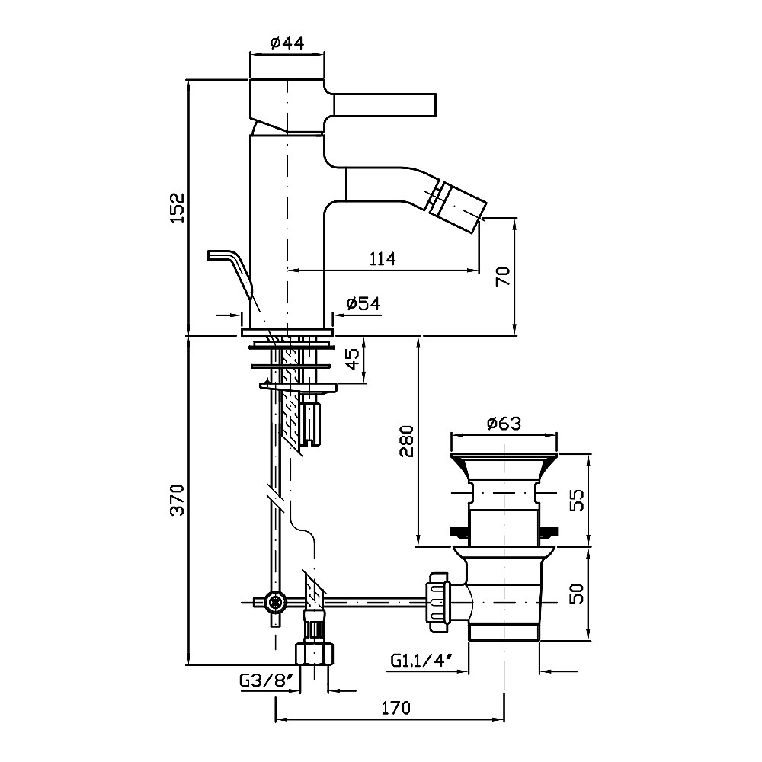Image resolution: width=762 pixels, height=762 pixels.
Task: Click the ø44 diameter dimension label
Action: coord(288,43)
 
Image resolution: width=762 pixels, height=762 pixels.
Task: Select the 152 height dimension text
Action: coord(176,207)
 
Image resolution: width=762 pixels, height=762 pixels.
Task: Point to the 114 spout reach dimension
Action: coord(382,259)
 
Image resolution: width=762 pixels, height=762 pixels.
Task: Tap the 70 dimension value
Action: coord(502,276)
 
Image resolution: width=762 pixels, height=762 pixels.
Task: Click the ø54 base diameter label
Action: coord(363,303)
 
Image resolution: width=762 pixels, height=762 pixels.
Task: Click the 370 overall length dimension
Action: coord(176,500)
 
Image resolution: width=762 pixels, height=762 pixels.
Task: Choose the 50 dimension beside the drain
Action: coord(578,594)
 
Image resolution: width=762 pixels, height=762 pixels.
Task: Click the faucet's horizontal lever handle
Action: coord(383,105)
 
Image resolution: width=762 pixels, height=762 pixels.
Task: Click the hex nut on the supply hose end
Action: coord(313,654)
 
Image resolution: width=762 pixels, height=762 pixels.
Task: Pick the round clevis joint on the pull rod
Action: coord(274,602)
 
